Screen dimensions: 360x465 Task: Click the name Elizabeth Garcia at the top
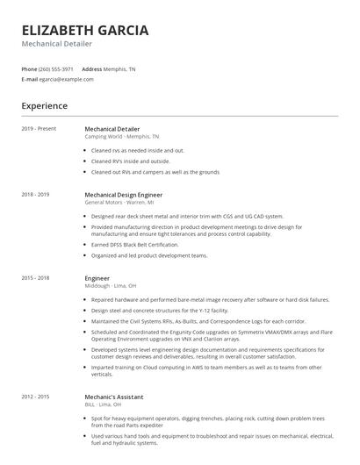(x=84, y=30)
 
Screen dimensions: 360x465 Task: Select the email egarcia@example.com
(x=67, y=79)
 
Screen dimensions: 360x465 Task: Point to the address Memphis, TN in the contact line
(x=119, y=68)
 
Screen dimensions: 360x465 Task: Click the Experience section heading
(x=44, y=106)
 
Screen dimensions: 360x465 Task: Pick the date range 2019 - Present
(x=39, y=129)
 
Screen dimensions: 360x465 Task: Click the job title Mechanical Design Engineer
(x=124, y=194)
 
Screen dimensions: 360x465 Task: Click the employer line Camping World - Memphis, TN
(x=122, y=137)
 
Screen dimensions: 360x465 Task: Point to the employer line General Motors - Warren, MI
(x=119, y=202)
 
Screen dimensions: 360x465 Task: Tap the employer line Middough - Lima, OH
(x=111, y=285)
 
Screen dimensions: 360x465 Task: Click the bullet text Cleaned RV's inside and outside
(x=131, y=161)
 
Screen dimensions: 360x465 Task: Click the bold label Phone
(x=29, y=68)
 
